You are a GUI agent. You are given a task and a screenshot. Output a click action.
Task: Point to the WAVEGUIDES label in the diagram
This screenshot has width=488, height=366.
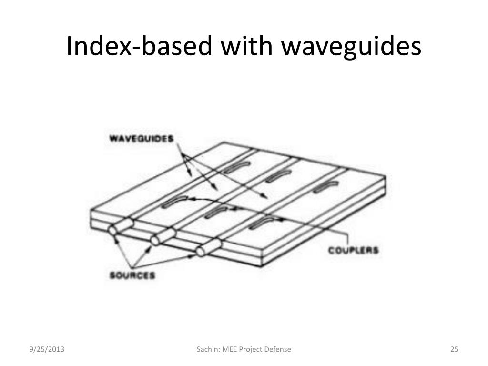click(141, 140)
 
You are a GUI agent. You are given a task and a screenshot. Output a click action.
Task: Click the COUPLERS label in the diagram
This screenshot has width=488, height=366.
click(353, 250)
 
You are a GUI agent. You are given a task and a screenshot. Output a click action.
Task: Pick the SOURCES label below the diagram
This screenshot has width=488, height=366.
click(132, 276)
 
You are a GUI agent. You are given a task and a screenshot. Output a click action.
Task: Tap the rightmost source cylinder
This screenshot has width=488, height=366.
click(208, 248)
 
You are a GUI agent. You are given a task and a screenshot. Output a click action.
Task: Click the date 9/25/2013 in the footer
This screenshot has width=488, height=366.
click(46, 350)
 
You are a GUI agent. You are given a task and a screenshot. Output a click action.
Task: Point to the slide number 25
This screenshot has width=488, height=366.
click(454, 350)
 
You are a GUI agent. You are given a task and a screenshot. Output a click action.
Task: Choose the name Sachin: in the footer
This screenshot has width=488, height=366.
click(208, 350)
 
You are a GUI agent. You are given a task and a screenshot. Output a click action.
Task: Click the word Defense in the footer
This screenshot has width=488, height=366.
click(277, 350)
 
